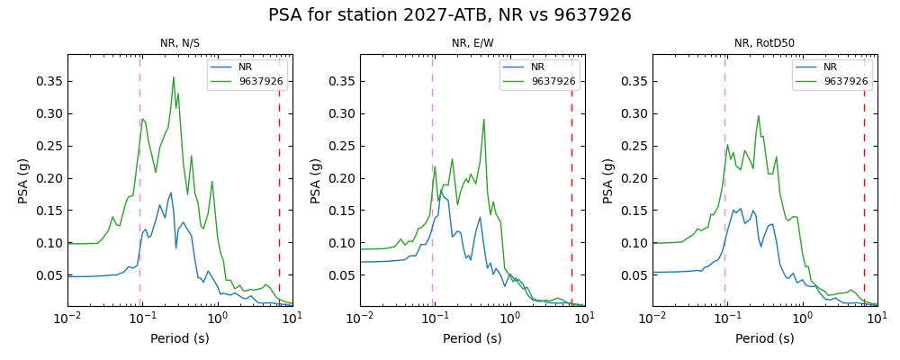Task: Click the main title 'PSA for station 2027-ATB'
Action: (x=449, y=15)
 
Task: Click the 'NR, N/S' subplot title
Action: (x=180, y=43)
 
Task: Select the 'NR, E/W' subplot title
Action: (x=472, y=43)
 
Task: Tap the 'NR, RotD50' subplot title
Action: (x=764, y=43)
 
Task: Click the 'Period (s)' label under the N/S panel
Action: (x=180, y=339)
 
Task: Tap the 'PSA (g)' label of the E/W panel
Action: (x=317, y=180)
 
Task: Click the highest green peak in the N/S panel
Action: (x=174, y=77)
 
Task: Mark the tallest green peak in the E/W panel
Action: (x=483, y=119)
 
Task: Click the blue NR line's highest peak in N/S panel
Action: (x=171, y=192)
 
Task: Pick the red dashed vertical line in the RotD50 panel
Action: (x=864, y=180)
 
